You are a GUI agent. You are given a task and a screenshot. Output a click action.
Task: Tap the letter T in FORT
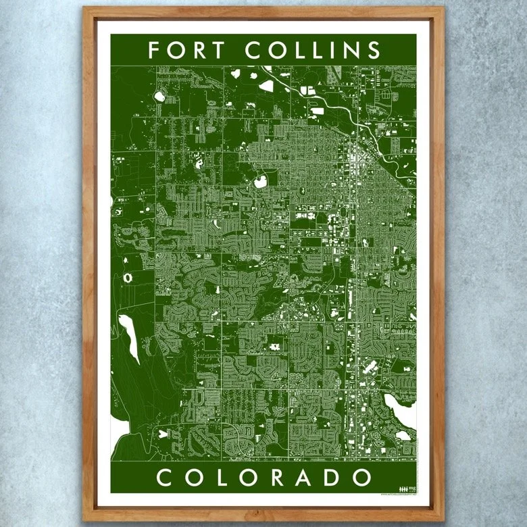223,51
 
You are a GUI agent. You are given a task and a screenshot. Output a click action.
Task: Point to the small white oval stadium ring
129,277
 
